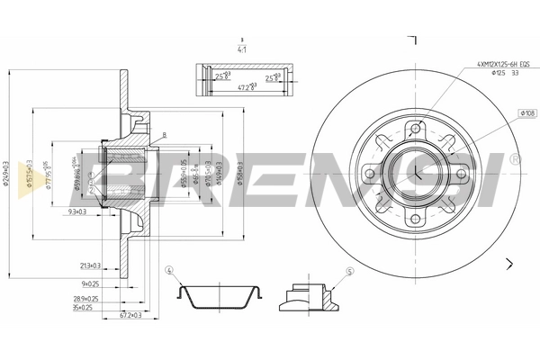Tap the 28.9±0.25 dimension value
[x=86, y=297]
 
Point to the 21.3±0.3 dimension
[x=90, y=265]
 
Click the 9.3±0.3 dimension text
[x=78, y=212]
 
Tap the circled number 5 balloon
[x=350, y=271]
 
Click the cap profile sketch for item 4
[x=219, y=296]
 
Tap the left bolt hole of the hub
[x=369, y=172]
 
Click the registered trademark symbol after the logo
[x=515, y=159]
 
